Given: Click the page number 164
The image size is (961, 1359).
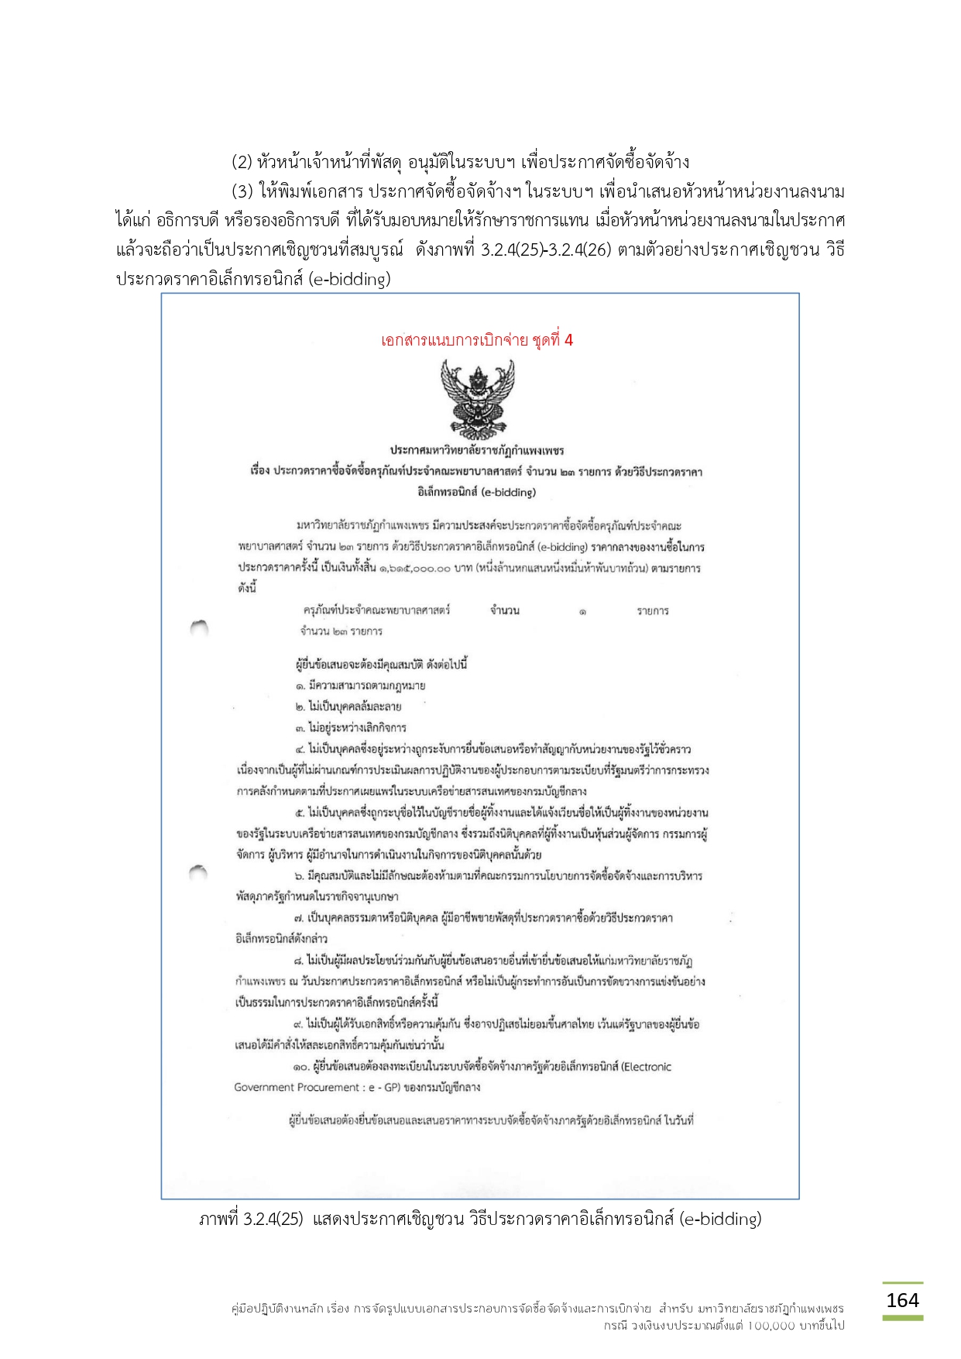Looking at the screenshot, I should pos(902,1300).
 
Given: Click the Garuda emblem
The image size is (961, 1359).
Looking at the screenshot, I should pos(477,398).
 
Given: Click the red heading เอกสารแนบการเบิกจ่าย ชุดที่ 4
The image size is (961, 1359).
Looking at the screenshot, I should pos(477,340).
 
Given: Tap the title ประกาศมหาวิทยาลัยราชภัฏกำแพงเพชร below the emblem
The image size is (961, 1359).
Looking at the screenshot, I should pos(477,450).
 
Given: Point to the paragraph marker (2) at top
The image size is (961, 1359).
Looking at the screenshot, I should pos(242,162).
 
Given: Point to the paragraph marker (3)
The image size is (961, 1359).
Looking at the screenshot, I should pos(242,191).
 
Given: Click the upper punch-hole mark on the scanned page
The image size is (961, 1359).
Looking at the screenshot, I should pos(199,627).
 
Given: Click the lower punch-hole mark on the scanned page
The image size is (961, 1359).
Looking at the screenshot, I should pos(199,872).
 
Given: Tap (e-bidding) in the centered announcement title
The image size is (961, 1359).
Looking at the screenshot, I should pos(508,492).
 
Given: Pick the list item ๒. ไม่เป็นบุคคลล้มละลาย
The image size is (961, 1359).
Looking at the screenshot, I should pos(348,707).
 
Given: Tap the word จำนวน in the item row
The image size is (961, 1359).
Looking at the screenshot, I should pos(505,611).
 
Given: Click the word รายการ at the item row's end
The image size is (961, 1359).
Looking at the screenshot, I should pos(653,611).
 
